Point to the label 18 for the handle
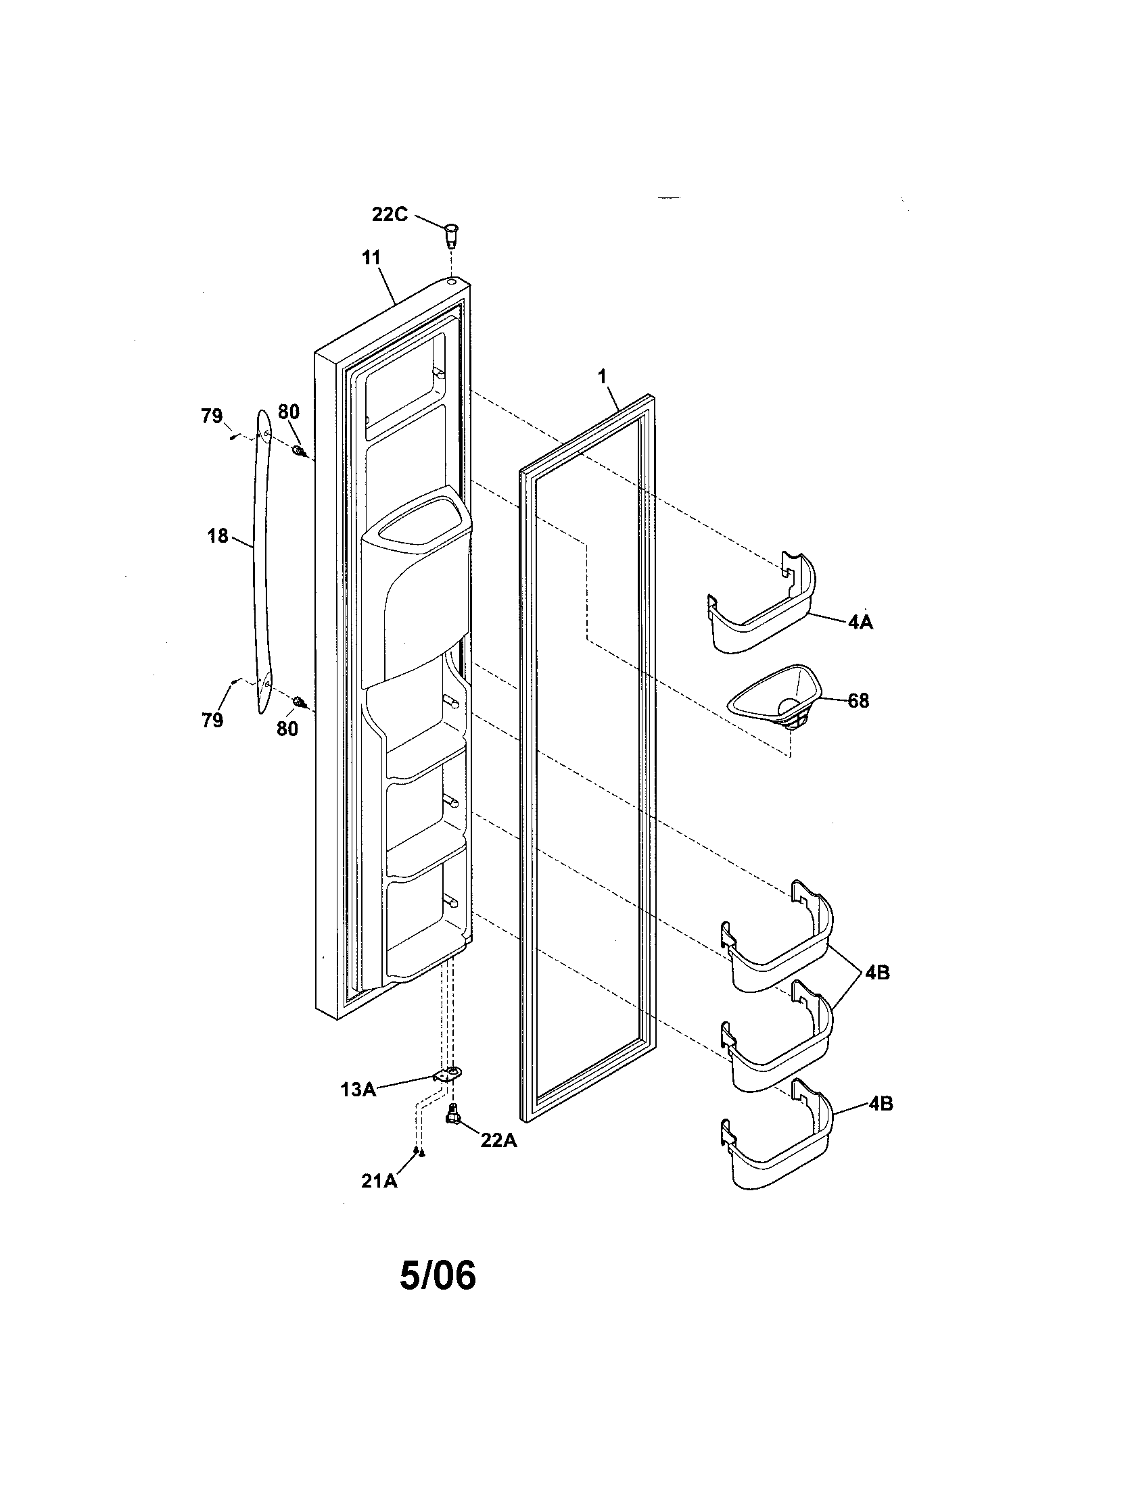[x=218, y=536]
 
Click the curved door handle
[x=262, y=565]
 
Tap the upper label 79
[x=212, y=415]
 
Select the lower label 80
[x=287, y=729]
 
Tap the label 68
[x=858, y=701]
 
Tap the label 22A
[x=498, y=1140]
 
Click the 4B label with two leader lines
[x=877, y=973]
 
